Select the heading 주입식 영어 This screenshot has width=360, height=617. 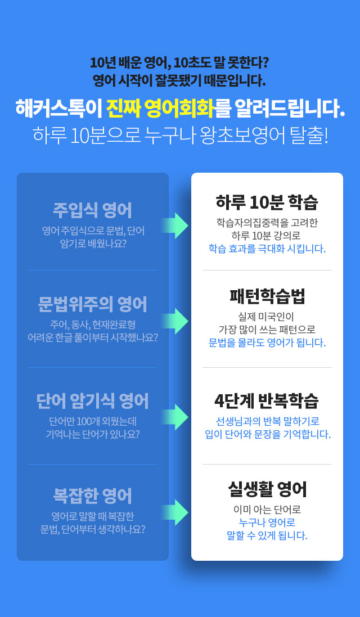[93, 210]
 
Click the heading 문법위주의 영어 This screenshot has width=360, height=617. [93, 305]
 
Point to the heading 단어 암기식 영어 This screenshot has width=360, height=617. [93, 402]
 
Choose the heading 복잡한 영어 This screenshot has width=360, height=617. [93, 496]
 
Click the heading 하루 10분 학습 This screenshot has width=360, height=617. [267, 202]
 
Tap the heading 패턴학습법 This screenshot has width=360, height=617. [267, 296]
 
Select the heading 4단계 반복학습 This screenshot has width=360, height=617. [267, 401]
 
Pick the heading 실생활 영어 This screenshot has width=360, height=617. [267, 489]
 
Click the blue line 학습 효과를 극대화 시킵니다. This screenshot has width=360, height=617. [267, 249]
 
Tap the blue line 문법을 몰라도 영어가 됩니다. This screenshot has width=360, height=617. [267, 343]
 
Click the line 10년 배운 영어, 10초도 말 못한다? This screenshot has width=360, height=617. [179, 62]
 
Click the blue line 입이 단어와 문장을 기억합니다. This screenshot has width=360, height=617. [268, 434]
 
